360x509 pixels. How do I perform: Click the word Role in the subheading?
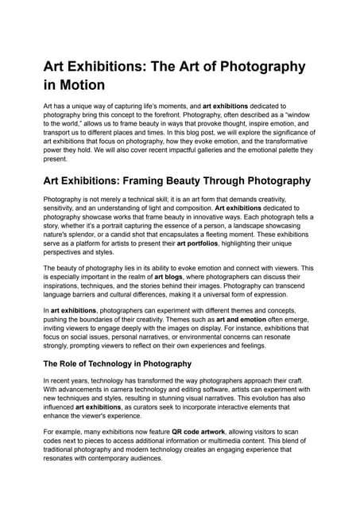[x=75, y=364]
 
